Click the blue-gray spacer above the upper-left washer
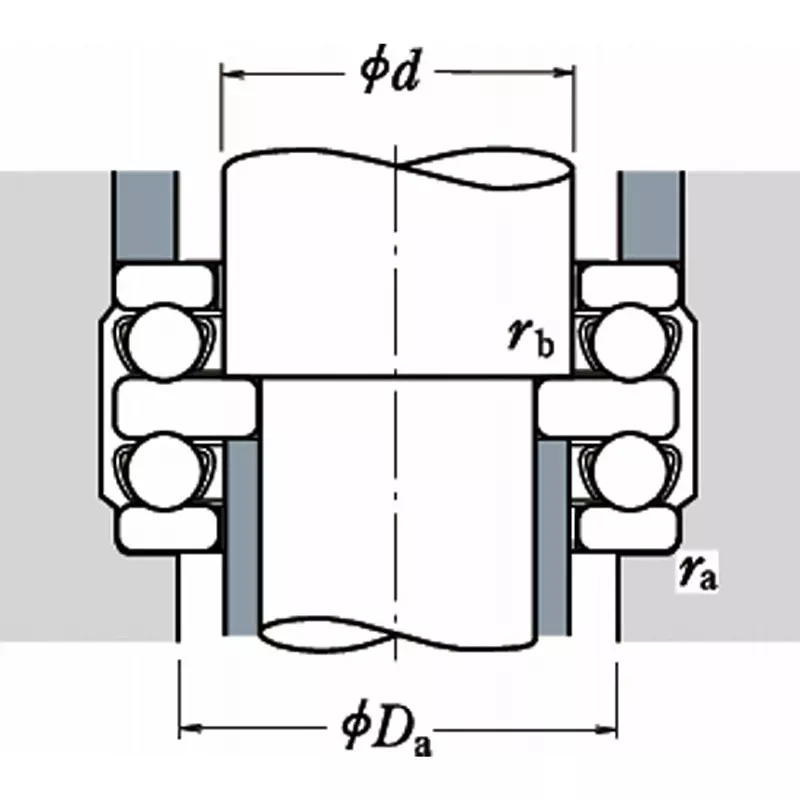[x=146, y=215]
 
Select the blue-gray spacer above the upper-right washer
[x=651, y=215]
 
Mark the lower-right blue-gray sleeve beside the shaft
[x=553, y=540]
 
